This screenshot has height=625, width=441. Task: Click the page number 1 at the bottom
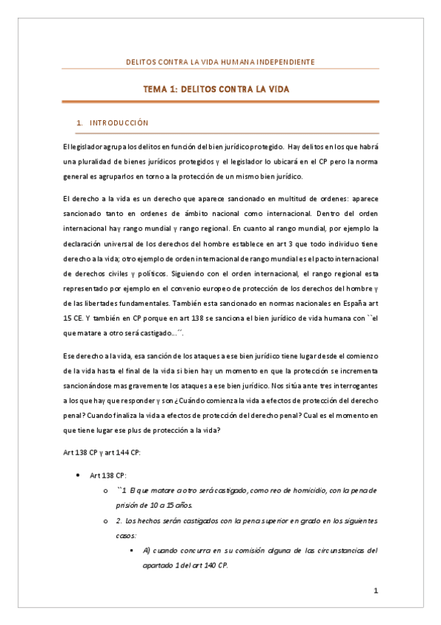[x=375, y=590]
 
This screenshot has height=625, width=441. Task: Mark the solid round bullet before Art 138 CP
[x=79, y=477]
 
